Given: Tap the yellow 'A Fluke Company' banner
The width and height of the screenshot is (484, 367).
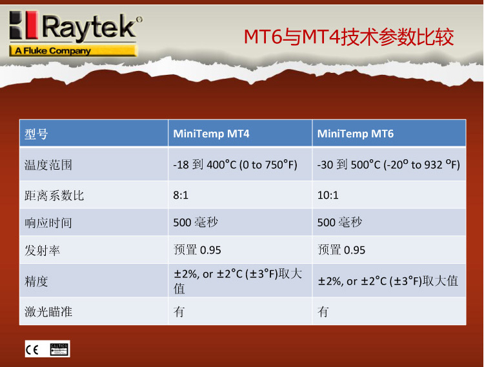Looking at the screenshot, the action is click(x=73, y=50).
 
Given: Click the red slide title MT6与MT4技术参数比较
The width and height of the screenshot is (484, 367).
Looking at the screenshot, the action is click(x=348, y=37).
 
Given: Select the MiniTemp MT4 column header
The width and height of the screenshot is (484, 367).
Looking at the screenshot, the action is click(x=211, y=134).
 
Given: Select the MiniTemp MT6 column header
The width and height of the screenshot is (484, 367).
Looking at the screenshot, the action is click(x=356, y=134).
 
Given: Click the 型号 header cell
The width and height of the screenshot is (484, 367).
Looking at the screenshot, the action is click(x=36, y=134).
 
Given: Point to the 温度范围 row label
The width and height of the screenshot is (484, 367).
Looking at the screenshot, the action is click(x=48, y=165).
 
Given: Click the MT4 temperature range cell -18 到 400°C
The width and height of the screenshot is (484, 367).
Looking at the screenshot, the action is click(x=235, y=164).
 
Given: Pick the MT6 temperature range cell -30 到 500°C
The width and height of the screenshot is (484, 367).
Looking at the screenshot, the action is click(x=388, y=164).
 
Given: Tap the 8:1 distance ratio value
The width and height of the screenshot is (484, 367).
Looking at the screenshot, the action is click(x=181, y=195).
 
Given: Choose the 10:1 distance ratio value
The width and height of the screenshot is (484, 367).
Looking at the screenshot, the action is click(x=328, y=195).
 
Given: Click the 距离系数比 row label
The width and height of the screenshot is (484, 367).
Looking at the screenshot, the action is click(x=54, y=195).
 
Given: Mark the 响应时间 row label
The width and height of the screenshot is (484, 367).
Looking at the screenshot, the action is click(x=48, y=223).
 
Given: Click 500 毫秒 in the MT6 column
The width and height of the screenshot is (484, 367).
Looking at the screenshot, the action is click(x=339, y=223).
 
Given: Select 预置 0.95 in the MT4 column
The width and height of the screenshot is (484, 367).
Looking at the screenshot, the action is click(x=197, y=250).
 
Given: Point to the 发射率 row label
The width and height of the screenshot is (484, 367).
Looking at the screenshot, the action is click(x=43, y=250).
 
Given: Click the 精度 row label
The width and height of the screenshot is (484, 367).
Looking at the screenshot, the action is click(x=36, y=282).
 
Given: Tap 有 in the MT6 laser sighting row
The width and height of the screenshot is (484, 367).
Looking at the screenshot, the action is click(x=323, y=312).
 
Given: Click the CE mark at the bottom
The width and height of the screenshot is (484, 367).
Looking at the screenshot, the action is click(x=32, y=350).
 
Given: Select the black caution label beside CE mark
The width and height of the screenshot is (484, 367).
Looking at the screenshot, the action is click(x=59, y=350).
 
